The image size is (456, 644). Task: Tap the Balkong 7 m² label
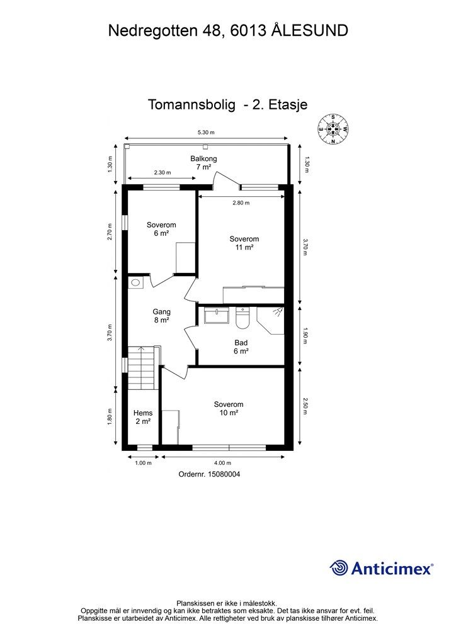[x=203, y=163]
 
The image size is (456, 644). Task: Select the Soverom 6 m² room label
[x=161, y=229]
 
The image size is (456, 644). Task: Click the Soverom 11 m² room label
[x=244, y=243]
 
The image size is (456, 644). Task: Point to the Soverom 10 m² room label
[x=228, y=409]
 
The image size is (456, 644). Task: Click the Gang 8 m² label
[x=162, y=316]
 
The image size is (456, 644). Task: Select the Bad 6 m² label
[x=241, y=347]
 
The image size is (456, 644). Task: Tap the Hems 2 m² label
[x=143, y=417]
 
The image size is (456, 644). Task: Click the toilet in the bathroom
[x=242, y=319]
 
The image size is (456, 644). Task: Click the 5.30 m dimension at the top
[x=206, y=133]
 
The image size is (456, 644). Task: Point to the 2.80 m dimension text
[x=241, y=203]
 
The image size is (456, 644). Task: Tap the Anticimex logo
[x=382, y=568]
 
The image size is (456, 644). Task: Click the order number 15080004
[x=209, y=475]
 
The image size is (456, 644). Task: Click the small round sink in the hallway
[x=135, y=284]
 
